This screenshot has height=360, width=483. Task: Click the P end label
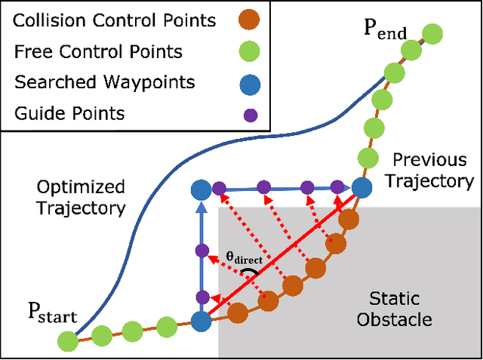click(385, 32)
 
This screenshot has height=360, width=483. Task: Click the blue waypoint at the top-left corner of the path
click(200, 189)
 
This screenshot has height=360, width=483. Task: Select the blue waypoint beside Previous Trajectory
click(362, 188)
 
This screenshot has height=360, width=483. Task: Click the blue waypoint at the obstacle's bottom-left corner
click(201, 322)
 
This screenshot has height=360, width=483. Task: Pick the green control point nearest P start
click(67, 342)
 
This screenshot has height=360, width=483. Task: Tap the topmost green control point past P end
click(432, 34)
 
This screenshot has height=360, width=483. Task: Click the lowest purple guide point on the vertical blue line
click(201, 297)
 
